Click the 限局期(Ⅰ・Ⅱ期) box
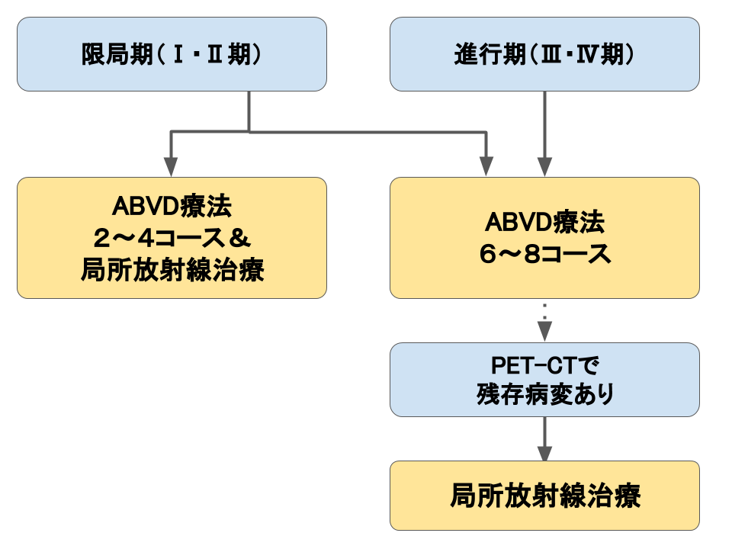pyautogui.click(x=172, y=54)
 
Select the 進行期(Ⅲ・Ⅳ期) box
pyautogui.click(x=544, y=54)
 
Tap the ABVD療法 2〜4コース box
pyautogui.click(x=172, y=238)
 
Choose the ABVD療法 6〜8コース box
pyautogui.click(x=544, y=238)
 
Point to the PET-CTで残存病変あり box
pyautogui.click(x=544, y=380)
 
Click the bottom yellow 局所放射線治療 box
pyautogui.click(x=544, y=496)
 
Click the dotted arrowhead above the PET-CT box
pyautogui.click(x=544, y=332)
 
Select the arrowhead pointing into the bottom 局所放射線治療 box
pyautogui.click(x=544, y=452)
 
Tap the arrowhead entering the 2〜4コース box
pyautogui.click(x=171, y=167)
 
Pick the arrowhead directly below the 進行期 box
pyautogui.click(x=544, y=167)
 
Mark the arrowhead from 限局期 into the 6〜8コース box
pyautogui.click(x=486, y=167)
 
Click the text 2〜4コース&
pyautogui.click(x=172, y=238)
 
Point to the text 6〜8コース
pyautogui.click(x=544, y=254)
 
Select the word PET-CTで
pyautogui.click(x=544, y=365)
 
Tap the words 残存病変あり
pyautogui.click(x=544, y=394)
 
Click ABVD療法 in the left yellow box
pyautogui.click(x=172, y=207)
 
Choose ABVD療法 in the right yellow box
pyautogui.click(x=544, y=222)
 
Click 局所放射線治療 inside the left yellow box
pyautogui.click(x=172, y=270)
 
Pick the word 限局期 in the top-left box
pyautogui.click(x=117, y=55)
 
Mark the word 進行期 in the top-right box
pyautogui.click(x=490, y=55)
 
